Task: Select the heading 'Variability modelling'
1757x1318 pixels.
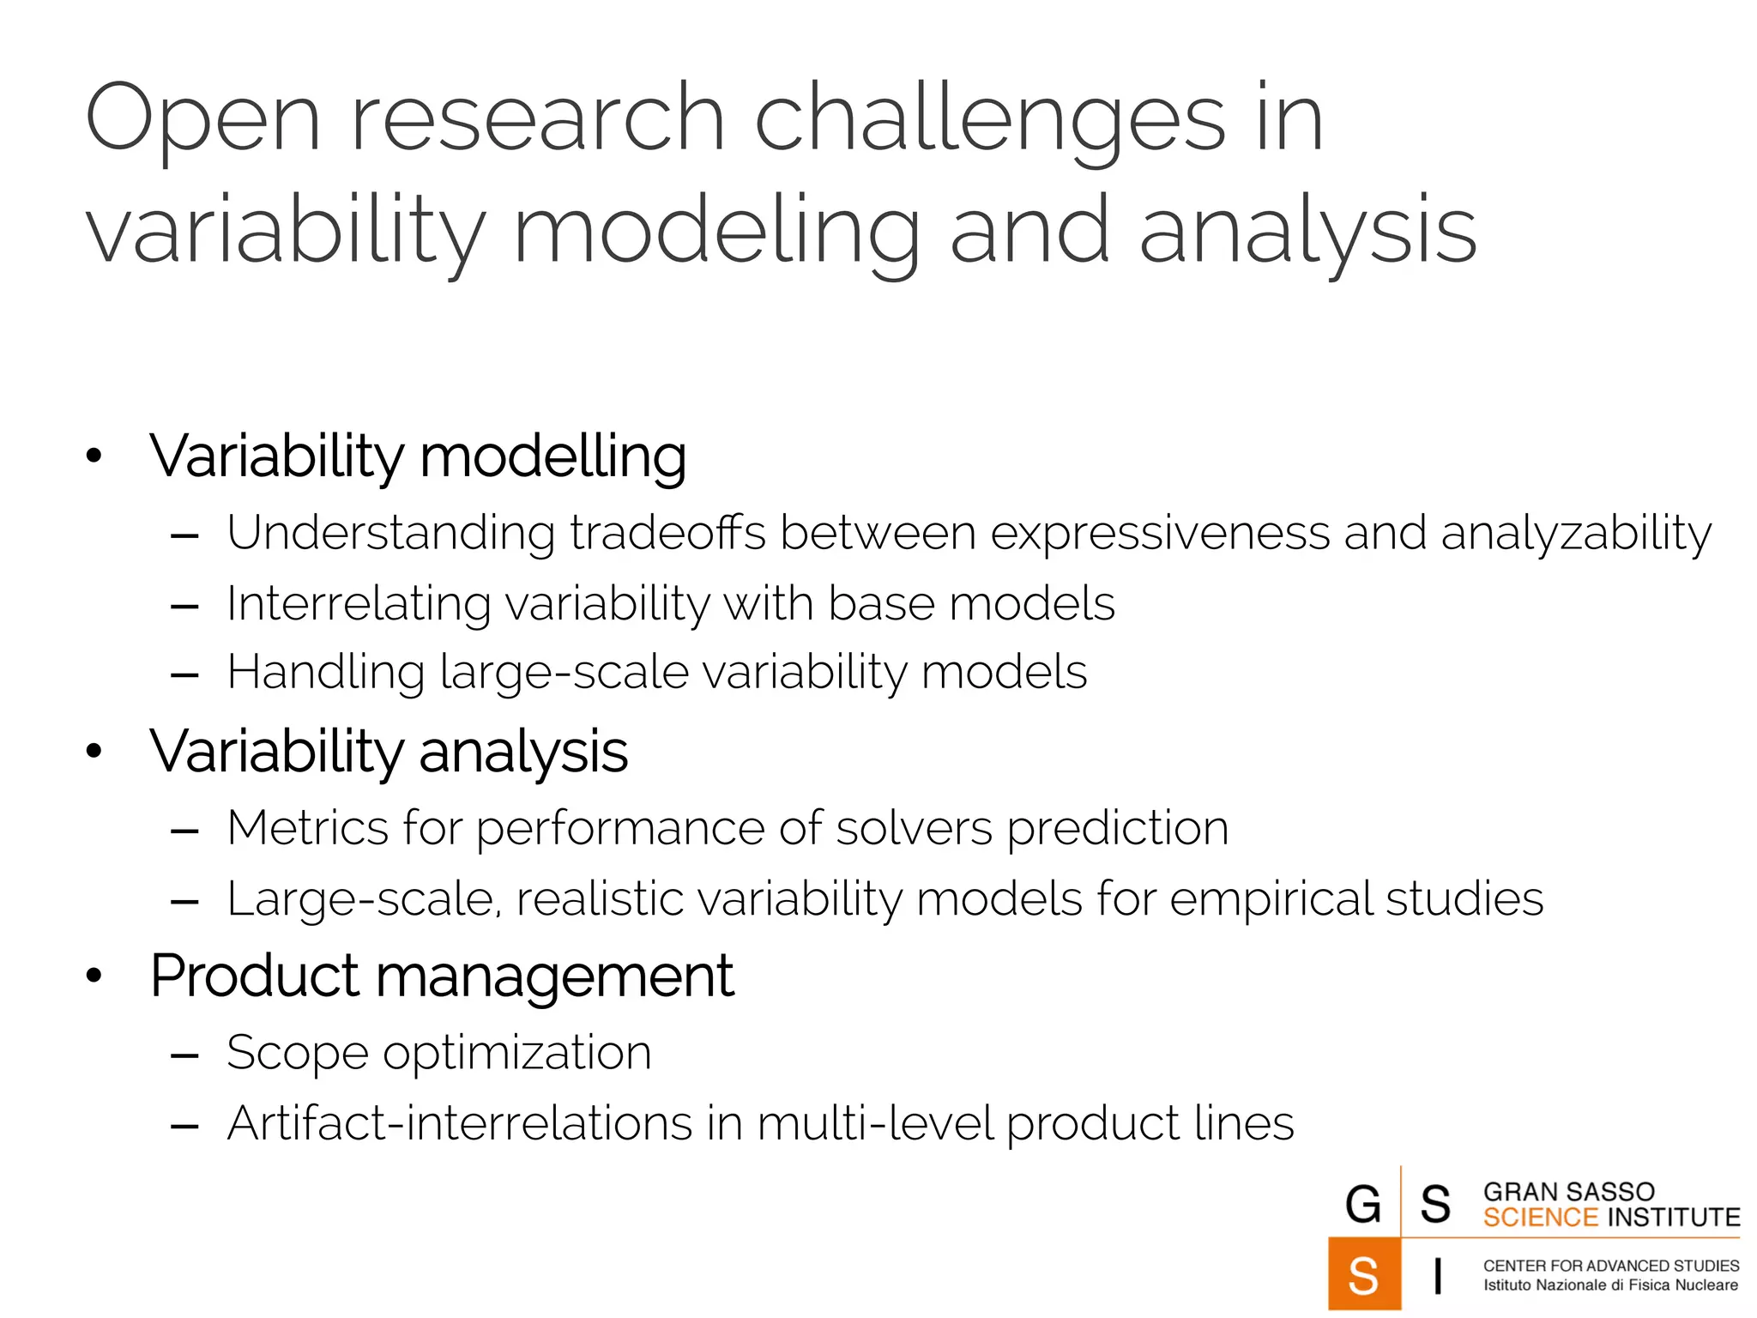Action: pyautogui.click(x=418, y=456)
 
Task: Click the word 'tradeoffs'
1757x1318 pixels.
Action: pyautogui.click(x=667, y=533)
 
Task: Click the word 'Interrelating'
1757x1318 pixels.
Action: pyautogui.click(x=359, y=604)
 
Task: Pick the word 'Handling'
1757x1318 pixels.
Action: pyautogui.click(x=326, y=673)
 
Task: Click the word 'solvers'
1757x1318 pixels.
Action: pyautogui.click(x=914, y=829)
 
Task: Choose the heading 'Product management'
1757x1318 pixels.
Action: pyautogui.click(x=442, y=977)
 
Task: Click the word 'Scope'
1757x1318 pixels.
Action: pyautogui.click(x=298, y=1054)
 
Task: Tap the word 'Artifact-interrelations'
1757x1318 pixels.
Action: pyautogui.click(x=459, y=1123)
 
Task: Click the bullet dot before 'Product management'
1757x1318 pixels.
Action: pyautogui.click(x=94, y=976)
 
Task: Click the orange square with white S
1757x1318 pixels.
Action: pyautogui.click(x=1363, y=1274)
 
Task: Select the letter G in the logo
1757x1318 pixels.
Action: pyautogui.click(x=1363, y=1205)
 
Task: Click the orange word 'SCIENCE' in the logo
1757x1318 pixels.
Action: pyautogui.click(x=1540, y=1218)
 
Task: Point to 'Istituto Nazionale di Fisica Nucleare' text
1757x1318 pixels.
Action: pyautogui.click(x=1610, y=1285)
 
